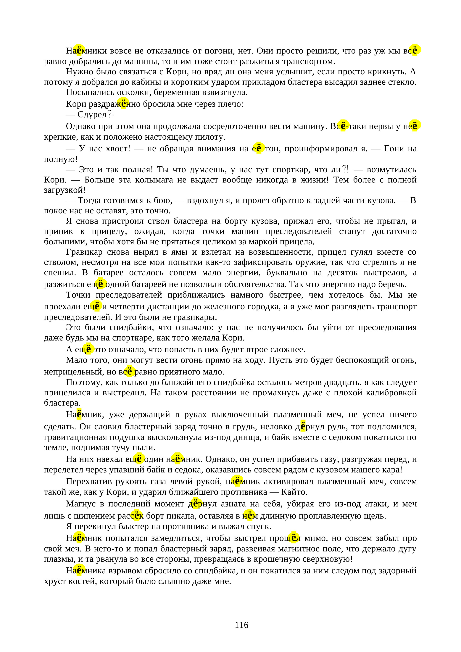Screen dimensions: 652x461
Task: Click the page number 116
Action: click(x=241, y=625)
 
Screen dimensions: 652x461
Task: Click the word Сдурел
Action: click(x=92, y=115)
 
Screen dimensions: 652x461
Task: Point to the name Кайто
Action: click(x=294, y=492)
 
